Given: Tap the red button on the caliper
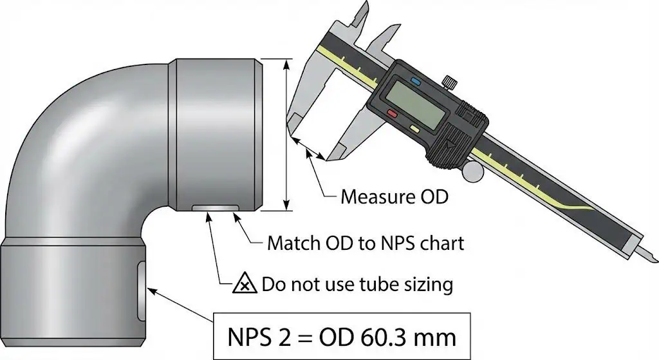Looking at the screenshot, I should pyautogui.click(x=392, y=113).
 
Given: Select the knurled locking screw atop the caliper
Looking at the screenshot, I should pyautogui.click(x=450, y=82).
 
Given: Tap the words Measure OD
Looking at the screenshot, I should pyautogui.click(x=394, y=196).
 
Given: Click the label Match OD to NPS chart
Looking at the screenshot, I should pyautogui.click(x=365, y=244).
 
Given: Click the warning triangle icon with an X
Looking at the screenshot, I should pyautogui.click(x=241, y=283).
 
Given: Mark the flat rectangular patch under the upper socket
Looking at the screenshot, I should pyautogui.click(x=216, y=207).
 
